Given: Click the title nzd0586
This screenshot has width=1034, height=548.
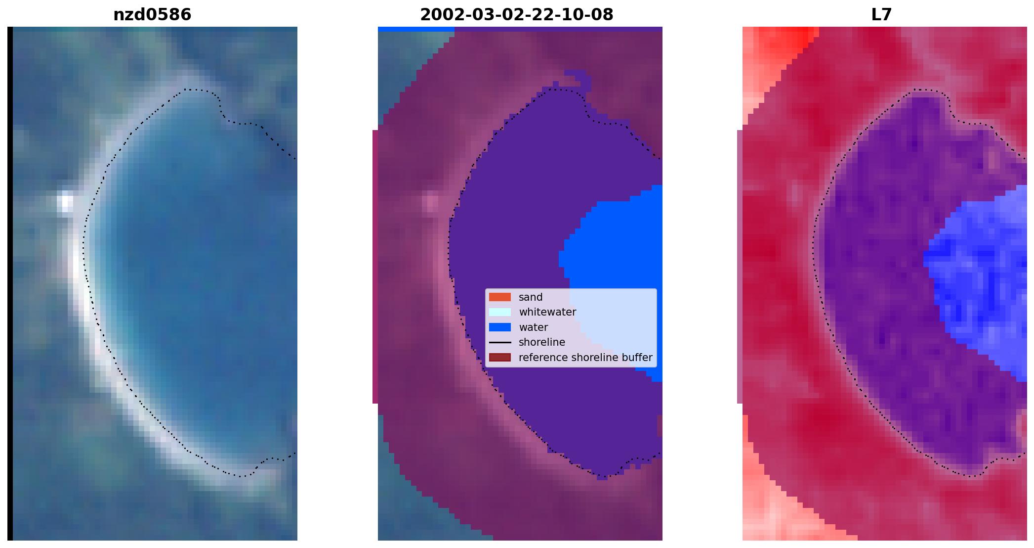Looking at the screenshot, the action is pos(152,15).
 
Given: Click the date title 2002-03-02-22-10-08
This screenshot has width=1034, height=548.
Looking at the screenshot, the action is pos(517,15).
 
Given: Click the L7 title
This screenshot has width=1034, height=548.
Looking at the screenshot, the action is pos(881,15).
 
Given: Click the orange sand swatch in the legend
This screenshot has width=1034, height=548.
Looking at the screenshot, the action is pos(500,297).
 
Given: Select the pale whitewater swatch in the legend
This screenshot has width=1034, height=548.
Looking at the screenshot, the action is pos(500,312).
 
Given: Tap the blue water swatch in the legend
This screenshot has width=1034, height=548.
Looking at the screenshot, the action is pos(500,327).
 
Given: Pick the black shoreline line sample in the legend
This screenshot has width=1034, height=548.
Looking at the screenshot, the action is pos(500,342).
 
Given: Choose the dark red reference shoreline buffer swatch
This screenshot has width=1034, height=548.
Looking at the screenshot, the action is pos(500,358).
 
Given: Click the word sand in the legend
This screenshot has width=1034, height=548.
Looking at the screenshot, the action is pos(531,297).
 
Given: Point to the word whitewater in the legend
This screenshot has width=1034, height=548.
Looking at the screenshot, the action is pos(547,312).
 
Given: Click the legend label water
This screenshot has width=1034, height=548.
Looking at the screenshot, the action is pos(533,327).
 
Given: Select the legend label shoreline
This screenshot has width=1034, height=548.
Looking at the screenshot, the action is pos(542,342).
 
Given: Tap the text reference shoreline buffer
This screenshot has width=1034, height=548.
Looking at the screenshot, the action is pos(585,358).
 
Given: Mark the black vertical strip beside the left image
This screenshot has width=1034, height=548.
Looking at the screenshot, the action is pos(10,283).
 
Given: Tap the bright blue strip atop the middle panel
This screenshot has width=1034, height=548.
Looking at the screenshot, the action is pos(416,29).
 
